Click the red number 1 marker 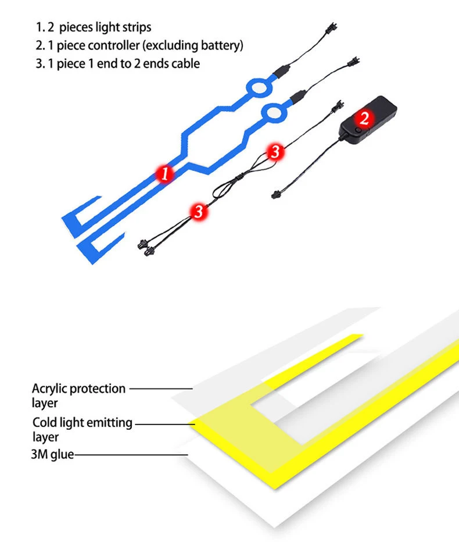pyautogui.click(x=166, y=173)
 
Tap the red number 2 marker pyautogui.click(x=364, y=118)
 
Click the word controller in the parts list pyautogui.click(x=99, y=45)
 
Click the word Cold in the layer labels pyautogui.click(x=44, y=423)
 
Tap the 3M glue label pyautogui.click(x=52, y=454)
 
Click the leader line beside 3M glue pyautogui.click(x=131, y=455)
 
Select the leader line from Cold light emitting pyautogui.click(x=165, y=423)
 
